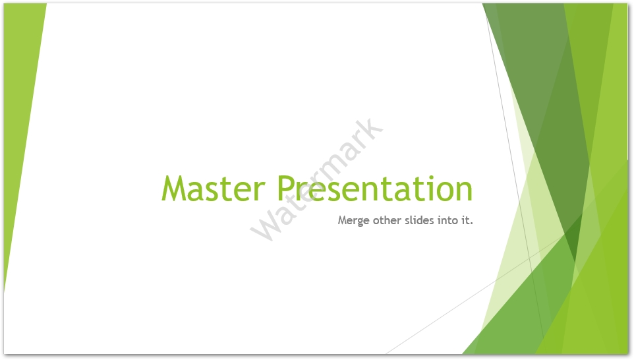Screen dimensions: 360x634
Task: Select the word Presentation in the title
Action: [x=374, y=189]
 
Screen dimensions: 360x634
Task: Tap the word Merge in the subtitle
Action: [x=354, y=220]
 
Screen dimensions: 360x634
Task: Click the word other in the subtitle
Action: [x=388, y=220]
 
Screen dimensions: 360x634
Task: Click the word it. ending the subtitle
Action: [x=467, y=220]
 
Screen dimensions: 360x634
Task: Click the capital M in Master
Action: [x=175, y=189]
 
